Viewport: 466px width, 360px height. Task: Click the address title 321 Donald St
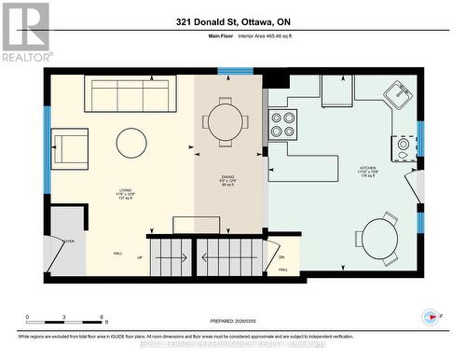tap(233, 21)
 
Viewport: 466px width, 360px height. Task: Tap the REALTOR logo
tap(25, 32)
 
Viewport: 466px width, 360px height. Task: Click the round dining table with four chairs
tap(227, 118)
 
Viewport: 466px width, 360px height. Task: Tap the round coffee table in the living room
tap(131, 143)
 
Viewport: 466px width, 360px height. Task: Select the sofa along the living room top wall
tap(130, 92)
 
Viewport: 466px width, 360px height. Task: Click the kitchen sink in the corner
tap(399, 94)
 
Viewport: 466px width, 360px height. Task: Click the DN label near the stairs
tap(281, 258)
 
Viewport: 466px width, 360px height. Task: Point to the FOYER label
tap(68, 240)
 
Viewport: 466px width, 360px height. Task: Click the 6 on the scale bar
tap(101, 317)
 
